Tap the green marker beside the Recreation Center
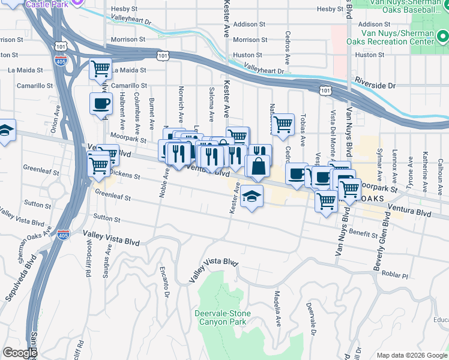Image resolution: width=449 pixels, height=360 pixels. (x=442, y=37)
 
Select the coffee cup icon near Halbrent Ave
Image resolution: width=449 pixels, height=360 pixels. (x=100, y=103)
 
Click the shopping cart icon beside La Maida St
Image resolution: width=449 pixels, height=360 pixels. (x=100, y=68)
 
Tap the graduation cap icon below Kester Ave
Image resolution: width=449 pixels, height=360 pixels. (x=252, y=196)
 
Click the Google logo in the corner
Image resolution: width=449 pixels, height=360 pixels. (x=19, y=353)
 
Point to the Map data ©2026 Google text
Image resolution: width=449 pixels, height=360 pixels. (x=411, y=355)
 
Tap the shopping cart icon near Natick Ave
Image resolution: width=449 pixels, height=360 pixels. (x=283, y=125)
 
